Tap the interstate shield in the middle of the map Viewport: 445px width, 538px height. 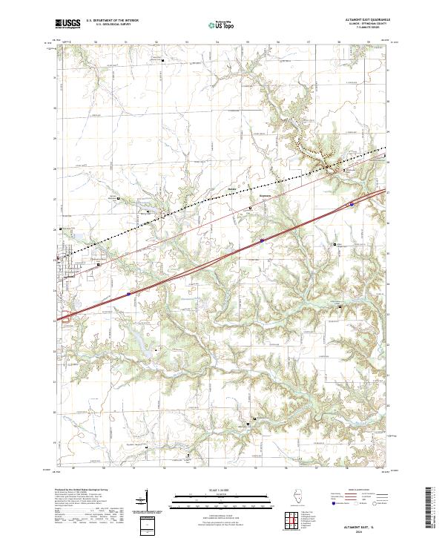pyautogui.click(x=262, y=240)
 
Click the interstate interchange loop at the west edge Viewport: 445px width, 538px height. pyautogui.click(x=65, y=317)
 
